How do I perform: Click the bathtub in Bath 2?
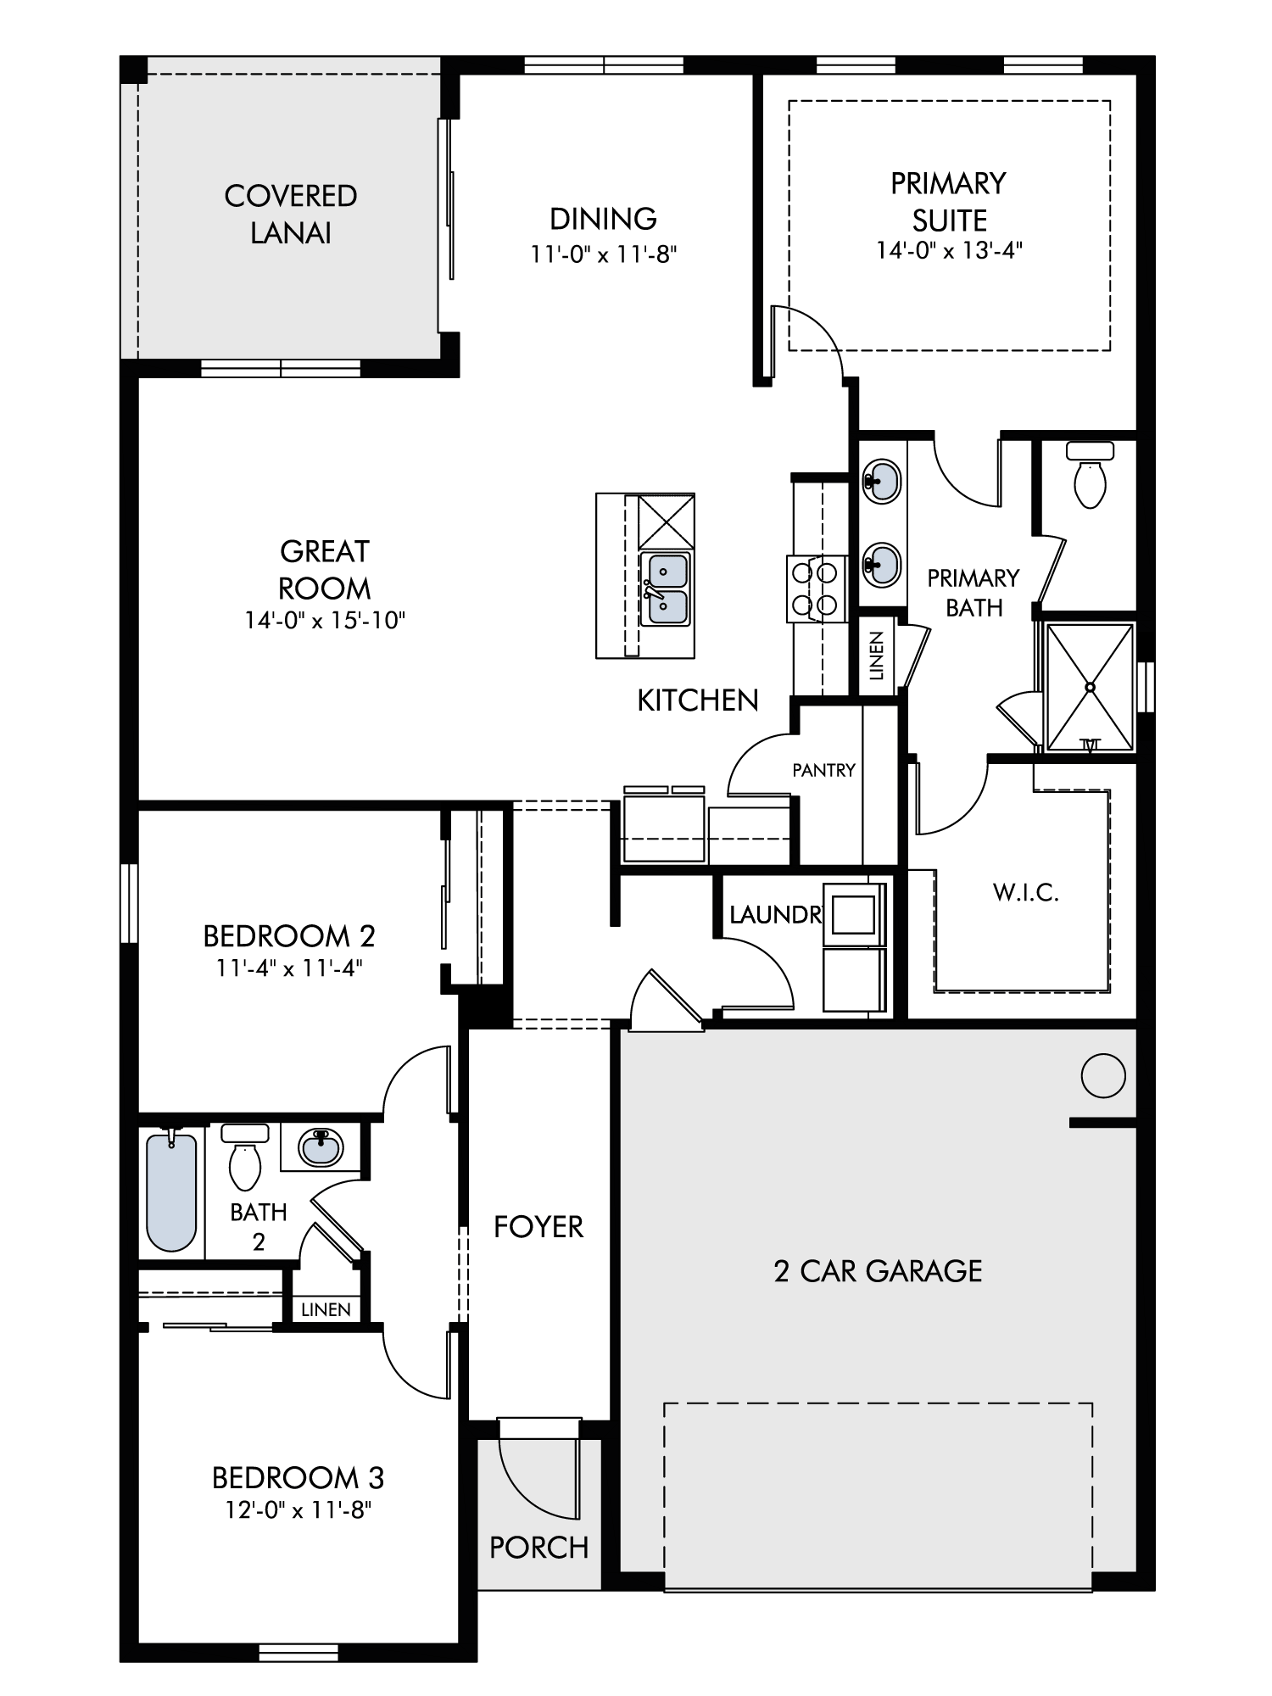pos(171,1191)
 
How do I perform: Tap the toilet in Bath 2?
pos(245,1157)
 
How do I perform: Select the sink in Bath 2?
pos(321,1147)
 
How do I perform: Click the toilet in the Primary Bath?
pos(1090,475)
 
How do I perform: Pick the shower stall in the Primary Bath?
pos(1091,687)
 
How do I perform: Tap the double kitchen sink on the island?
pos(666,589)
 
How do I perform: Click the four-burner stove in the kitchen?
pos(815,589)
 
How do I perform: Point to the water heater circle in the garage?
pos(1103,1075)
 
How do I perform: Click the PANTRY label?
pos(823,770)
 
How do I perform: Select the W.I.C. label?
pos(1026,893)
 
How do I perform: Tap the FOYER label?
pos(538,1227)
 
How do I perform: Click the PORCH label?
pos(538,1548)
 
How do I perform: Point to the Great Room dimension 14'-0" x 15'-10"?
pos(325,621)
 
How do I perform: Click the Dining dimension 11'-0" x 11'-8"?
pos(604,254)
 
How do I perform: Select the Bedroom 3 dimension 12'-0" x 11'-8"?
pos(298,1510)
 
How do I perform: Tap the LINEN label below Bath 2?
pos(326,1309)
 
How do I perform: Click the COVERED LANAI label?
pos(291,215)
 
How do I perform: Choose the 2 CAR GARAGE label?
pos(878,1271)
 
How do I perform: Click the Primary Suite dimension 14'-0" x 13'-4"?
pos(950,251)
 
